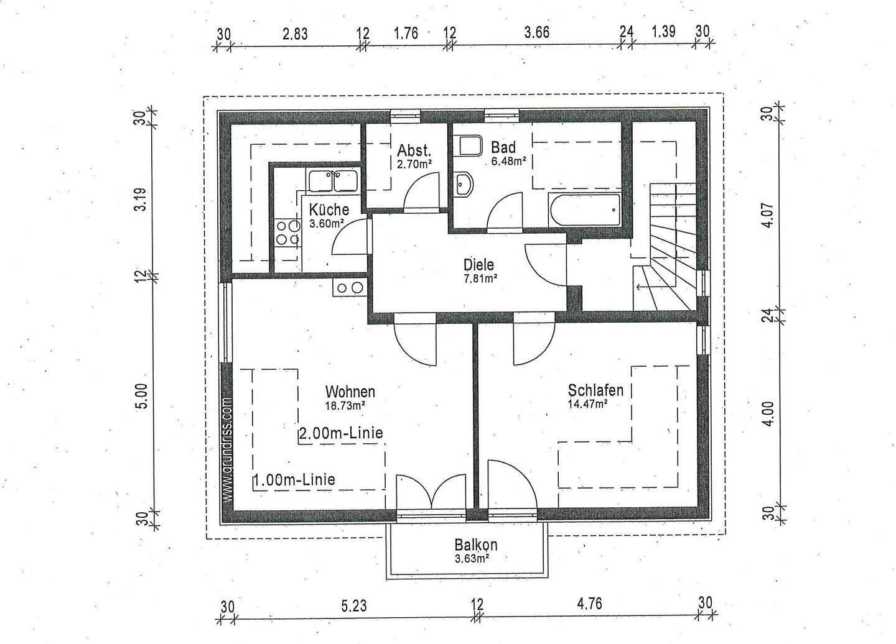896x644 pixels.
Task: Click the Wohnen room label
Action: (350, 392)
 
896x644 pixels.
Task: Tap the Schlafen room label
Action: (595, 390)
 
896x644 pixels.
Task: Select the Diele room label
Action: (478, 265)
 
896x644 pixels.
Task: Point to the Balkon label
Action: (476, 545)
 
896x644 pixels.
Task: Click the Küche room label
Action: (329, 210)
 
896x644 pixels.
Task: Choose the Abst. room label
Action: (414, 150)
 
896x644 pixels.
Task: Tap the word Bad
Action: (503, 147)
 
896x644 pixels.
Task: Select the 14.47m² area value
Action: (587, 403)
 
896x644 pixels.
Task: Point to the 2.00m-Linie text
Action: (340, 433)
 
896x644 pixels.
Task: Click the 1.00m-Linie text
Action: (294, 479)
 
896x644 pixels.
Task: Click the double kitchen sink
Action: (332, 181)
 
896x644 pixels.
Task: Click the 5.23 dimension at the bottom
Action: (353, 604)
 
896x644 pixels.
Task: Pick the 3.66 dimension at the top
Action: (536, 32)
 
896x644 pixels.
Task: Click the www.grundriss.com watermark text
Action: (227, 450)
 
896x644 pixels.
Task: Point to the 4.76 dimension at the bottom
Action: (589, 604)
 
